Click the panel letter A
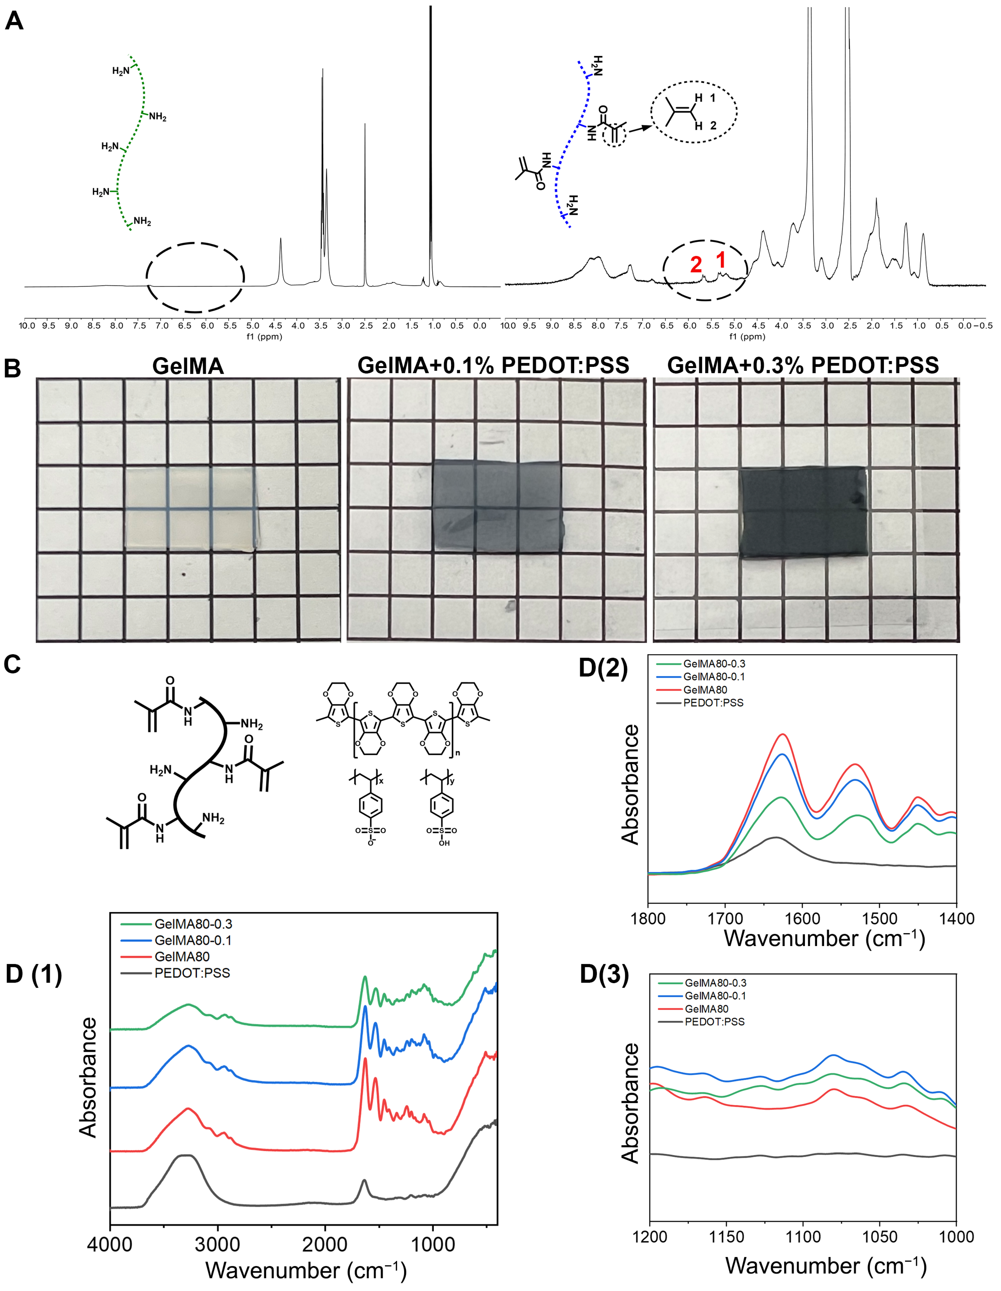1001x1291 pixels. coord(14,21)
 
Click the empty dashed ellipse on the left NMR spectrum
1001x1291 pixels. coord(195,277)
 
